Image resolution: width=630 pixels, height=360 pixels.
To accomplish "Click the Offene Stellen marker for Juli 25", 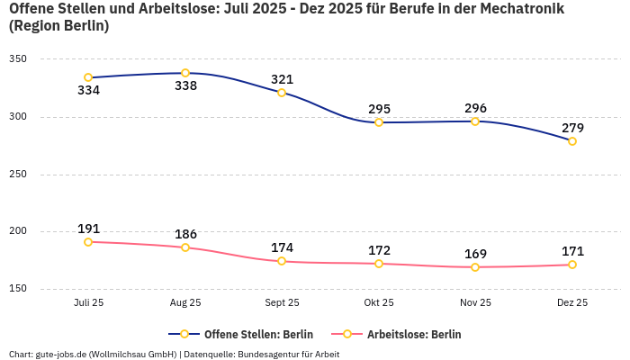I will pyautogui.click(x=88, y=77).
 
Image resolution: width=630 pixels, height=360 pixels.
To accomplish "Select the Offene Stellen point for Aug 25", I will pyautogui.click(x=185, y=73).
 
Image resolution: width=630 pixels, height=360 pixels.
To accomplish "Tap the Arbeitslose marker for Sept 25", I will pyautogui.click(x=282, y=261).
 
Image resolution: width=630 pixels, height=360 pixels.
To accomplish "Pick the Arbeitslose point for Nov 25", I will pyautogui.click(x=475, y=267).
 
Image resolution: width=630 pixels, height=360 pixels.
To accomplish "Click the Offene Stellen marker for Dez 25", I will pyautogui.click(x=572, y=141).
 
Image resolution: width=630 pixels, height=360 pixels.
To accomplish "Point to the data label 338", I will pyautogui.click(x=185, y=86).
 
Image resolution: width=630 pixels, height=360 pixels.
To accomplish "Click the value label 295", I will pyautogui.click(x=379, y=109).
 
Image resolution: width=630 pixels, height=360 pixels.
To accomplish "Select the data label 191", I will pyautogui.click(x=88, y=229).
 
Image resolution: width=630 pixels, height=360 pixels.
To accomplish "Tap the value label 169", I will pyautogui.click(x=475, y=254).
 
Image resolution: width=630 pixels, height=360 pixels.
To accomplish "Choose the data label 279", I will pyautogui.click(x=572, y=128).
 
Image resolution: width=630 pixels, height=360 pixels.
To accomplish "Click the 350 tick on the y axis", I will pyautogui.click(x=18, y=59).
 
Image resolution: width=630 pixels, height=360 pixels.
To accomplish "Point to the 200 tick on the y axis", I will pyautogui.click(x=18, y=231).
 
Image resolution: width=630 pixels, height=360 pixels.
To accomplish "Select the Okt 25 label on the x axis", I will pyautogui.click(x=379, y=303).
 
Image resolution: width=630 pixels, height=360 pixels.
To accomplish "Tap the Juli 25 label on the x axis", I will pyautogui.click(x=88, y=303).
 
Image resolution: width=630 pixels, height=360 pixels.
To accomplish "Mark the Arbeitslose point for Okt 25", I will pyautogui.click(x=379, y=264).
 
